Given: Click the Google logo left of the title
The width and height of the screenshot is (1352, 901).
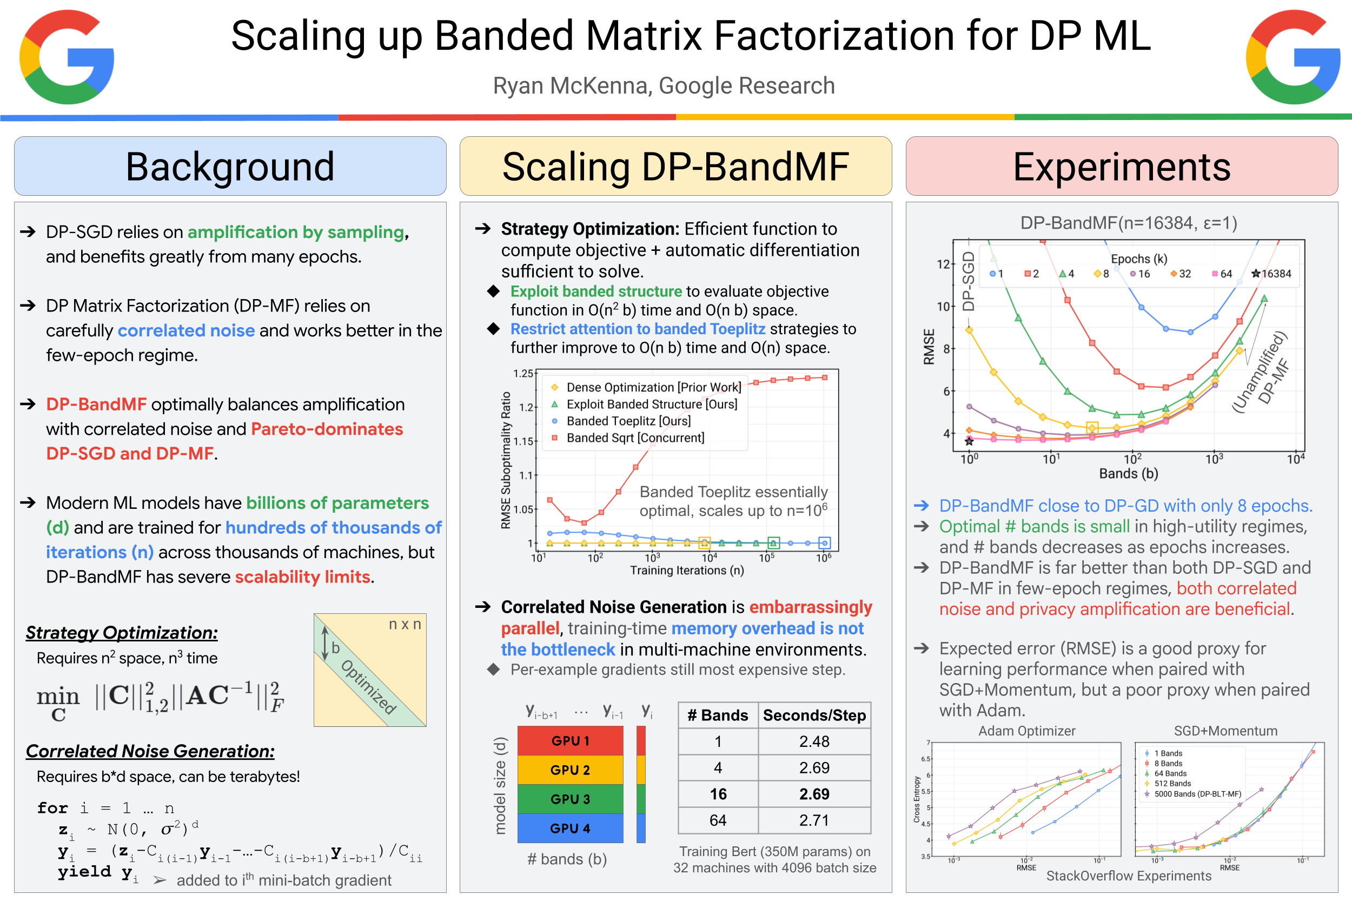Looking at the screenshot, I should (x=67, y=57).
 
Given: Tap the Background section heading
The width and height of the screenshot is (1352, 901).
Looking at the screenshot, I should (x=230, y=167).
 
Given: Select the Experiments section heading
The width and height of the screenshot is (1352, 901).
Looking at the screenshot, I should (x=1121, y=167).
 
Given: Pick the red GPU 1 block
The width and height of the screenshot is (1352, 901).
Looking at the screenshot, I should (x=570, y=741).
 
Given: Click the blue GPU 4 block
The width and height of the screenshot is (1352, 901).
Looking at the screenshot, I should (x=570, y=828).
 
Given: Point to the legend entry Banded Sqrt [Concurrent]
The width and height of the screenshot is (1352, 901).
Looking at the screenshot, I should (x=635, y=438).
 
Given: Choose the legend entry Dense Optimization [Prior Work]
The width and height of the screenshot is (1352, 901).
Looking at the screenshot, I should (x=653, y=387).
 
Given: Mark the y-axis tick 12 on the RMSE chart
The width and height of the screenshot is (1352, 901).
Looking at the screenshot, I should (x=943, y=264).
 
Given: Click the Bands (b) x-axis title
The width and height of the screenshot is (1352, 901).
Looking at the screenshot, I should (x=1129, y=474).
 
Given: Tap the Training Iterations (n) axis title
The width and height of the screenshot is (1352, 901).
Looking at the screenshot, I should (x=687, y=570).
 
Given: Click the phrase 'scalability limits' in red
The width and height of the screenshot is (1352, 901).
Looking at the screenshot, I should (x=302, y=577).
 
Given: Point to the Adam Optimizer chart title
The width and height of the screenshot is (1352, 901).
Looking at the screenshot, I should (x=1026, y=731).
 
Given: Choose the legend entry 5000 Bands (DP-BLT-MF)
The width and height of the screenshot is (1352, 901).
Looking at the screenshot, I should (x=1197, y=794).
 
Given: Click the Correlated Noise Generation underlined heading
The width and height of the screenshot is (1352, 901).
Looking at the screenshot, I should (x=150, y=751).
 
